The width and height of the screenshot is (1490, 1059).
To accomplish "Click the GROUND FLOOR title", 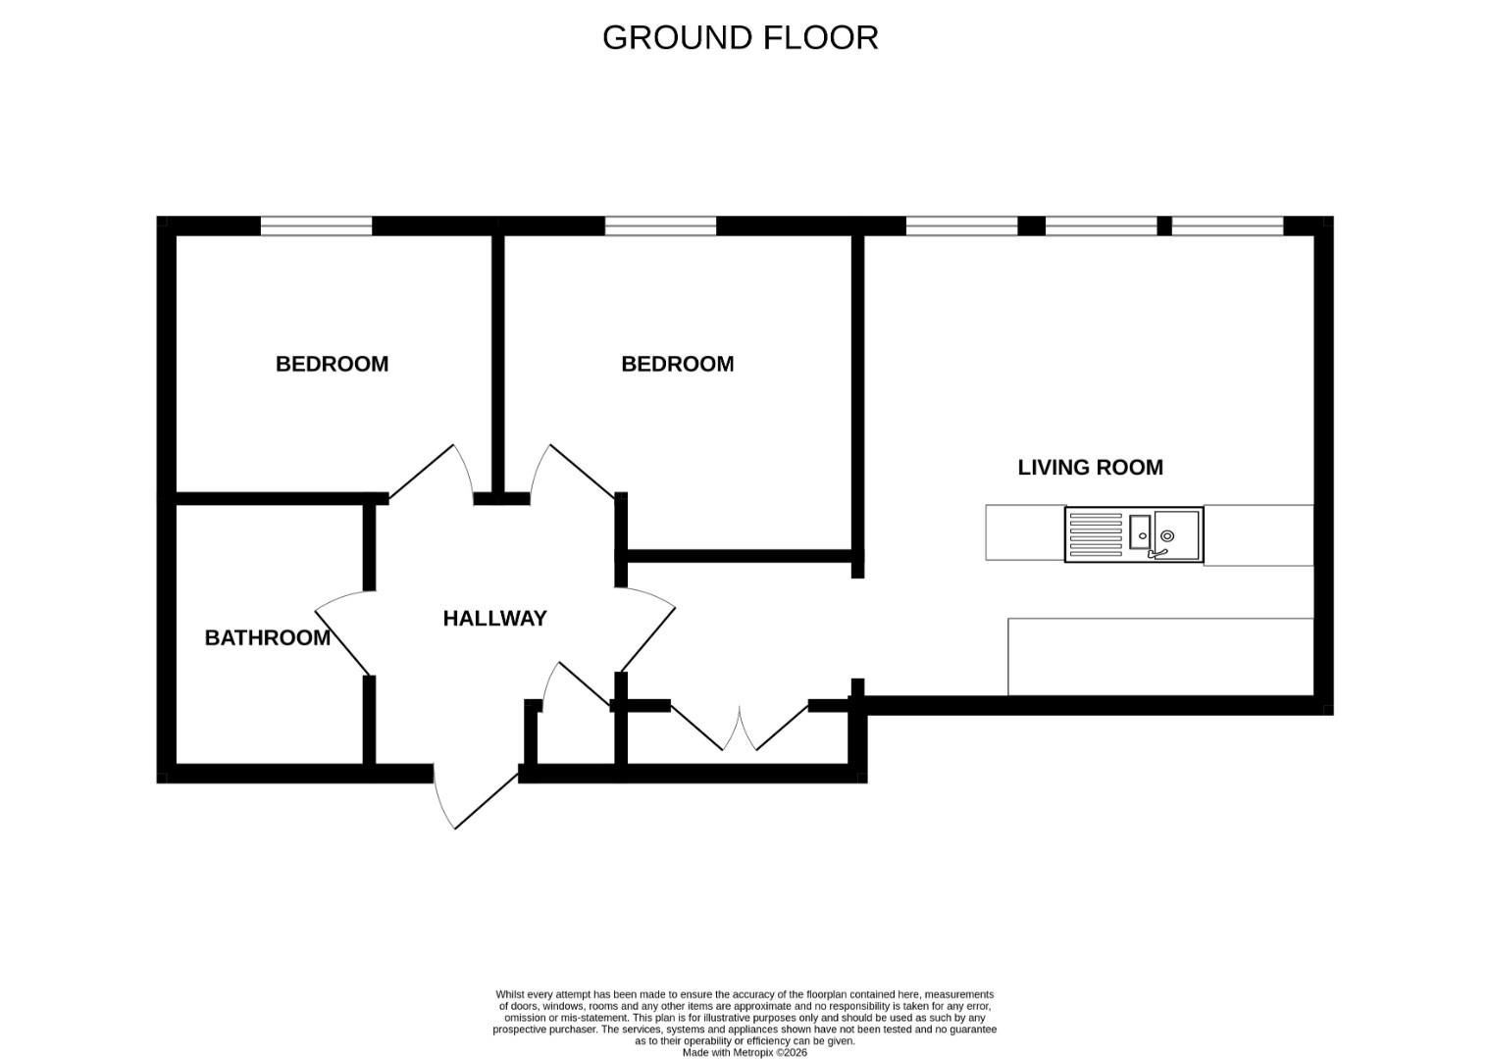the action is click(740, 38).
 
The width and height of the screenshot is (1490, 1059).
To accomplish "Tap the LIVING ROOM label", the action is click(1090, 468).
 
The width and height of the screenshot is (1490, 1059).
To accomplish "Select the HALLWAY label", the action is click(495, 619).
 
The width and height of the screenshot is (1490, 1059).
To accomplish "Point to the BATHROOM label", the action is click(268, 637).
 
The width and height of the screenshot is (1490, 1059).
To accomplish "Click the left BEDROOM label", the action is click(332, 364).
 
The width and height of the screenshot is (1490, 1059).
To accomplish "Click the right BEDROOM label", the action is click(677, 364).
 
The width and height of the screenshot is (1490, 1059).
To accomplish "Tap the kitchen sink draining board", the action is click(1095, 534).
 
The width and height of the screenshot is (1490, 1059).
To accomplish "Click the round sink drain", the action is click(1166, 535).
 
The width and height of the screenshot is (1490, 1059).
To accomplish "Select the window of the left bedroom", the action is click(316, 227).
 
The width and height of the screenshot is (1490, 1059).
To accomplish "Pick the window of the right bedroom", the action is click(660, 227).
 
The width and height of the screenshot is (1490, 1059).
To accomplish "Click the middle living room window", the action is click(1101, 227).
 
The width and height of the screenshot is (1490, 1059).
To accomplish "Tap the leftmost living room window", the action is click(961, 227).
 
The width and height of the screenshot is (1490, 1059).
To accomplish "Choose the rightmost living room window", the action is click(1227, 227).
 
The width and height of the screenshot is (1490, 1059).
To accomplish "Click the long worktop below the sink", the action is click(1160, 656).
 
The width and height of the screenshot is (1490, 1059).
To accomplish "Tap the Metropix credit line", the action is click(745, 1053).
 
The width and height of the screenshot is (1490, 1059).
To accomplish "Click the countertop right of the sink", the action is click(1259, 535).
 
